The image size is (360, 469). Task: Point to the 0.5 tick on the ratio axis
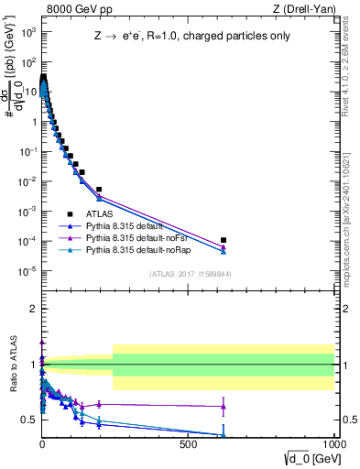click(29, 420)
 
